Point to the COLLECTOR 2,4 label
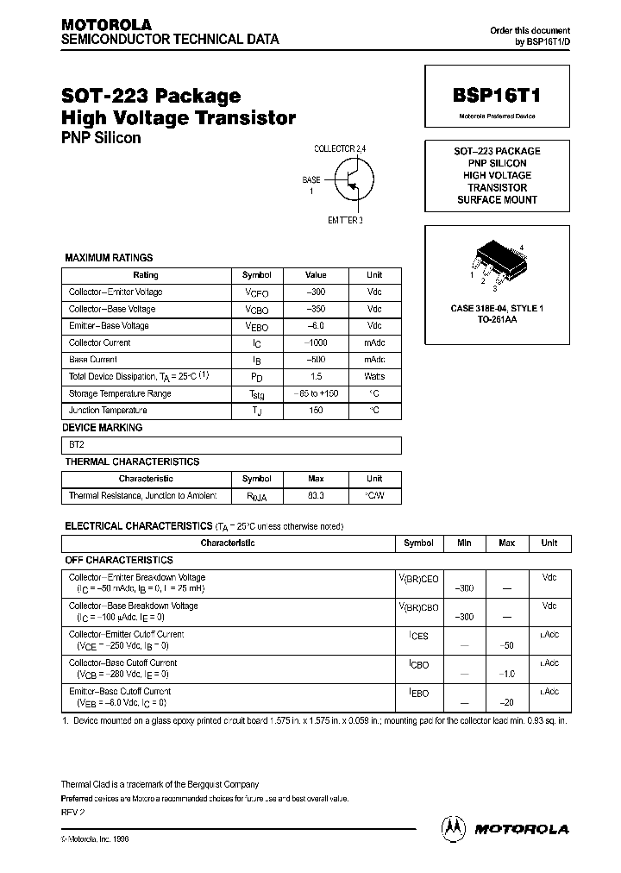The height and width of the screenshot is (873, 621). click(340, 148)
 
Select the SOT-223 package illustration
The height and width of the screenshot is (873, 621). click(497, 264)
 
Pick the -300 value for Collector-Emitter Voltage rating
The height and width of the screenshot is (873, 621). click(316, 292)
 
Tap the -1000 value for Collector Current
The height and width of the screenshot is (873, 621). click(316, 343)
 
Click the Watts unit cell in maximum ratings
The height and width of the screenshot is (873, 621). click(373, 377)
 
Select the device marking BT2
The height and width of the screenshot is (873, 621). click(78, 445)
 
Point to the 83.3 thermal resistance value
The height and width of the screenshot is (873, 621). click(316, 496)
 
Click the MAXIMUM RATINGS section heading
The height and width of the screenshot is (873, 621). click(109, 258)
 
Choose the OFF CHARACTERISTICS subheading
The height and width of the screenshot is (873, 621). click(119, 561)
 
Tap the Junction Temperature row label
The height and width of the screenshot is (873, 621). click(108, 411)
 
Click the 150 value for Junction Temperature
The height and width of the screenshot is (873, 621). click(316, 411)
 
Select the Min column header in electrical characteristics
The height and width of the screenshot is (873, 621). click(463, 543)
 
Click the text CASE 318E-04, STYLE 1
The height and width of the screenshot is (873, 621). click(497, 308)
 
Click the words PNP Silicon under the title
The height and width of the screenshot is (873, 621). click(100, 138)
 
